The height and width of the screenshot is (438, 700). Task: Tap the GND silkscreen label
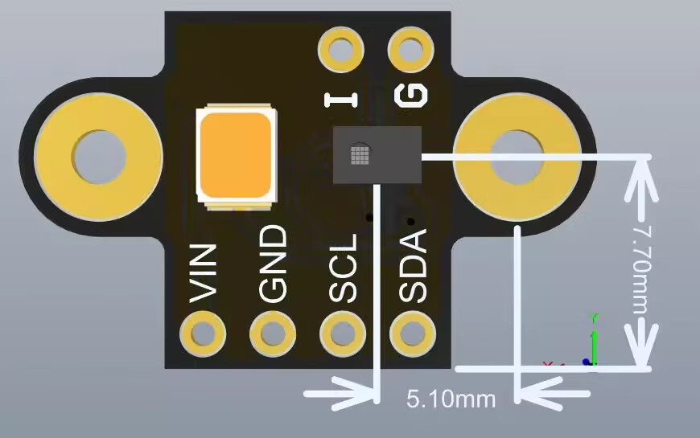pyautogui.click(x=274, y=264)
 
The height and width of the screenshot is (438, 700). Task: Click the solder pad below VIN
pyautogui.click(x=203, y=331)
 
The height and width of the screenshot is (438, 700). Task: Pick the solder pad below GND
pyautogui.click(x=273, y=331)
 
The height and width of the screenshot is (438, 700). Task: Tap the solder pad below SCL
pyautogui.click(x=343, y=331)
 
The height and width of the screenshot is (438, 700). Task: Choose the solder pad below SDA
pyautogui.click(x=413, y=331)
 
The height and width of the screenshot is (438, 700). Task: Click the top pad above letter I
pyautogui.click(x=341, y=51)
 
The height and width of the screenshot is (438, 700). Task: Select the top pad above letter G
pyautogui.click(x=411, y=51)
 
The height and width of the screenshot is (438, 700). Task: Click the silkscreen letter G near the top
pyautogui.click(x=413, y=96)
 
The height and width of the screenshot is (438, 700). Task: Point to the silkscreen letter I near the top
pyautogui.click(x=341, y=100)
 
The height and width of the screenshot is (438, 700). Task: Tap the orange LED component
pyautogui.click(x=236, y=157)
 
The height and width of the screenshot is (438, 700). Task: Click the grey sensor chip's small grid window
pyautogui.click(x=359, y=154)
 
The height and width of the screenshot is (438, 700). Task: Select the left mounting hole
pyautogui.click(x=98, y=154)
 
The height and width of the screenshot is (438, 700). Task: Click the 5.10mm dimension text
pyautogui.click(x=451, y=398)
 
